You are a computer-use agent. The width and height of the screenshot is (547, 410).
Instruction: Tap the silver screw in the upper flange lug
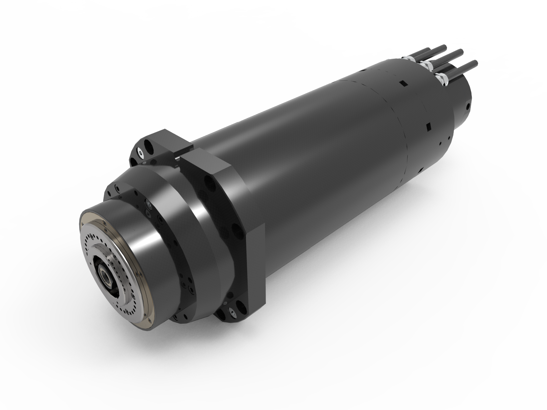(x=139, y=153)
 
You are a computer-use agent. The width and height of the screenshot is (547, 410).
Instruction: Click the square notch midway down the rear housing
(x=428, y=128)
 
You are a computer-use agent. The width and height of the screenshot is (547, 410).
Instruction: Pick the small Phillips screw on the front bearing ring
(x=149, y=204)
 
